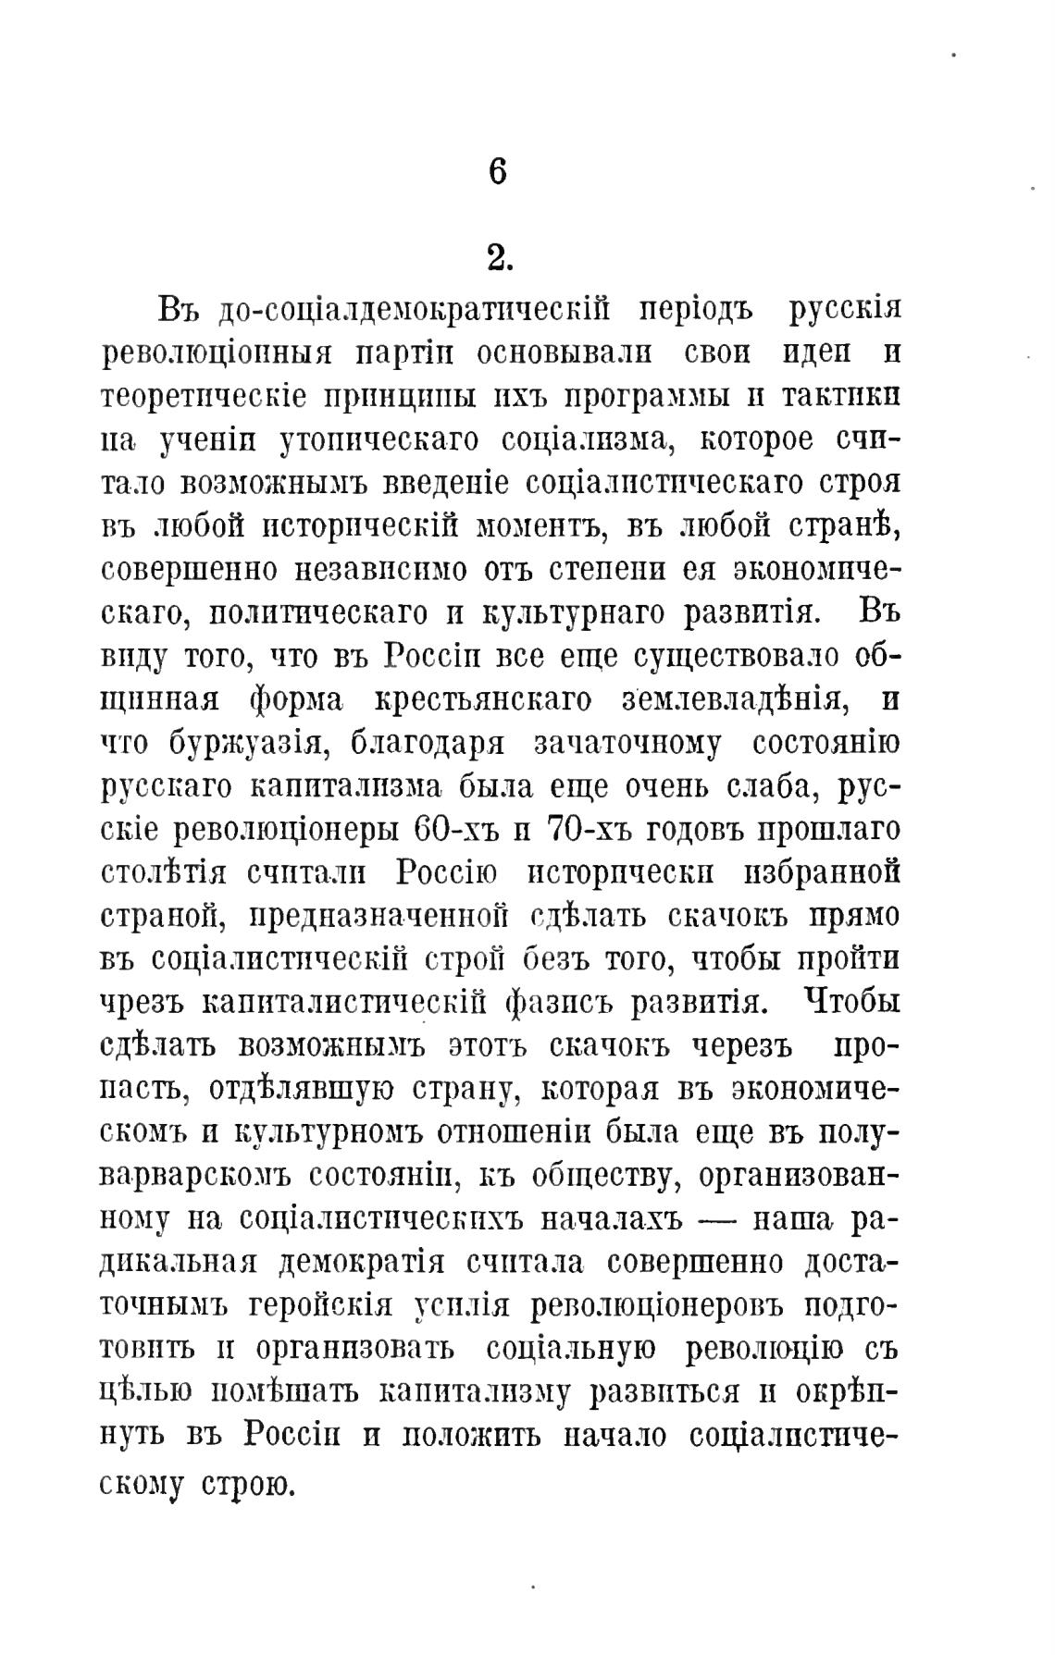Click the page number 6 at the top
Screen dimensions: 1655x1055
(x=498, y=173)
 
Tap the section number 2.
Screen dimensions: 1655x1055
(x=500, y=260)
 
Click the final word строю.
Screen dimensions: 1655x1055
(x=247, y=1485)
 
